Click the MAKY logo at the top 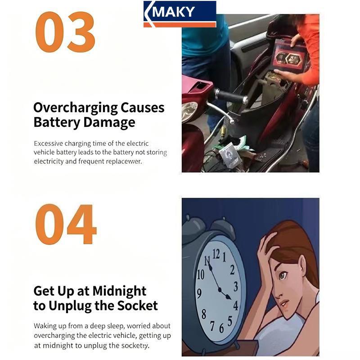pyautogui.click(x=180, y=14)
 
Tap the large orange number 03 pyautogui.click(x=65, y=32)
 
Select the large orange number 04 pyautogui.click(x=66, y=224)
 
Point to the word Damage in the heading pyautogui.click(x=109, y=122)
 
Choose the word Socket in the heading pyautogui.click(x=138, y=306)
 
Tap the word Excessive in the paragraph pyautogui.click(x=48, y=144)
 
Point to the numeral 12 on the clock pyautogui.click(x=216, y=254)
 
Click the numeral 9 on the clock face pyautogui.click(x=199, y=293)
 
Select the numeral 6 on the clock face pyautogui.click(x=221, y=328)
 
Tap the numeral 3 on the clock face pyautogui.click(x=235, y=287)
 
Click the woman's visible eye pyautogui.click(x=283, y=275)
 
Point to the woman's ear pyautogui.click(x=302, y=266)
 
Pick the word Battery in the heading pyautogui.click(x=57, y=122)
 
